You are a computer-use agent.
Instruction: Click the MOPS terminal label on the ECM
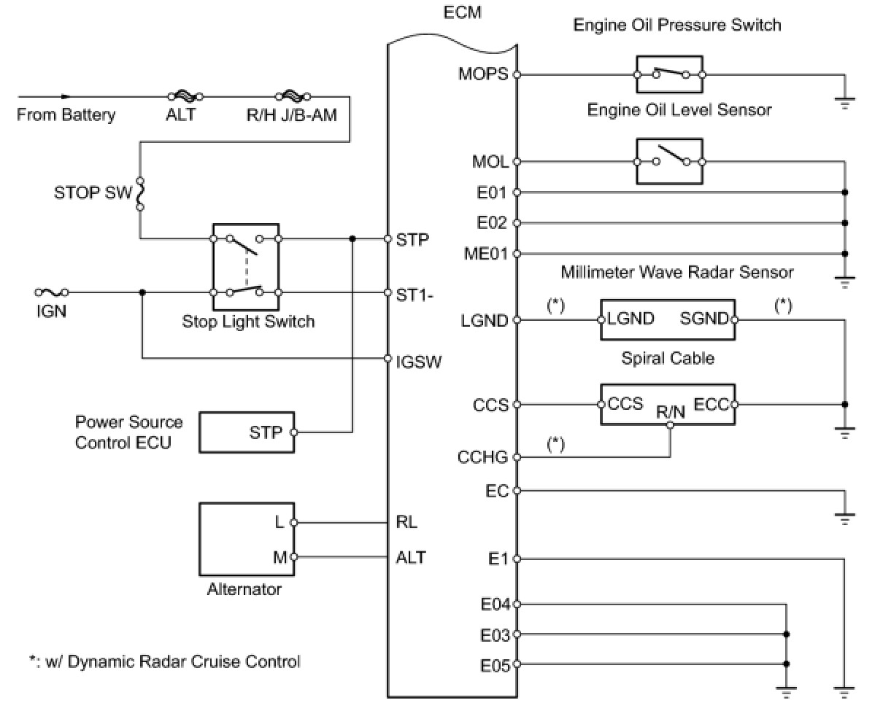[483, 74]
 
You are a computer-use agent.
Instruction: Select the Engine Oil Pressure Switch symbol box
[669, 74]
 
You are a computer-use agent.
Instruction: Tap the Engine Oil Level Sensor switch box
[669, 161]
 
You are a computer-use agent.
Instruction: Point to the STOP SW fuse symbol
[140, 193]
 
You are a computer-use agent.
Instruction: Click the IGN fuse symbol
[52, 292]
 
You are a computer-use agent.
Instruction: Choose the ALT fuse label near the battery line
[180, 114]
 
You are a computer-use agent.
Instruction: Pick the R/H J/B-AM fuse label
[292, 114]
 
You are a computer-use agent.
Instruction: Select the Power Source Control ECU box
[247, 432]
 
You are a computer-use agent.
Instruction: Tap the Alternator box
[247, 539]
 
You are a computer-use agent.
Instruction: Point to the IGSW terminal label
[419, 361]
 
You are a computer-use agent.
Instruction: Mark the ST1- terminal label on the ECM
[414, 292]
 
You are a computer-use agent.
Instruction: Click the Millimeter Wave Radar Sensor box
[667, 319]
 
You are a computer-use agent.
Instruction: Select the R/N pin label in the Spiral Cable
[670, 412]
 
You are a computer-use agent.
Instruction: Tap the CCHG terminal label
[482, 457]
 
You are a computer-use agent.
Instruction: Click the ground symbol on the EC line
[844, 518]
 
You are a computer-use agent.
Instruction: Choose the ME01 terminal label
[487, 254]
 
